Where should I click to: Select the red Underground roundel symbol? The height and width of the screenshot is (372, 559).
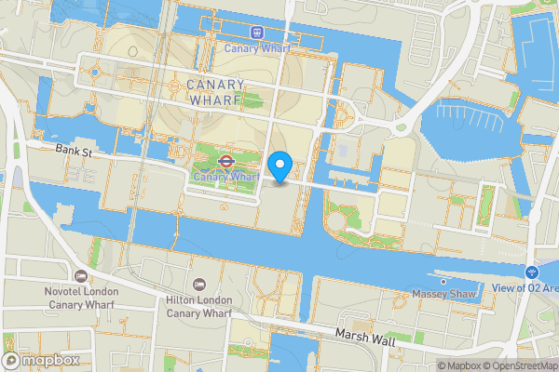225,160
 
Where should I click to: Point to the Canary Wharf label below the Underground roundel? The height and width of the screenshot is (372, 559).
225,177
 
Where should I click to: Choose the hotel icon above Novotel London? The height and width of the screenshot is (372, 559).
80,276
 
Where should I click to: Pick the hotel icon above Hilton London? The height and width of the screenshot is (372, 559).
198,283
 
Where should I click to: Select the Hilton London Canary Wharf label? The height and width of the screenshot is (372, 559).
198,306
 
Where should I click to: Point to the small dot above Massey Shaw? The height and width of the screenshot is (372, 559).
443,281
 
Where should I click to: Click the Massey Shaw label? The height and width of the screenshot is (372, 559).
445,295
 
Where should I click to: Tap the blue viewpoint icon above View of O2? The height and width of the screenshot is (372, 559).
532,272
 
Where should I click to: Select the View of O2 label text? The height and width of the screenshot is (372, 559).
539,288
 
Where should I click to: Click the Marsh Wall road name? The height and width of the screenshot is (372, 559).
363,333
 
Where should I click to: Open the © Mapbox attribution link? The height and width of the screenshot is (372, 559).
461,365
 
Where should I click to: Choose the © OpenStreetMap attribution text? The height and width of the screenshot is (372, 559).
522,365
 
